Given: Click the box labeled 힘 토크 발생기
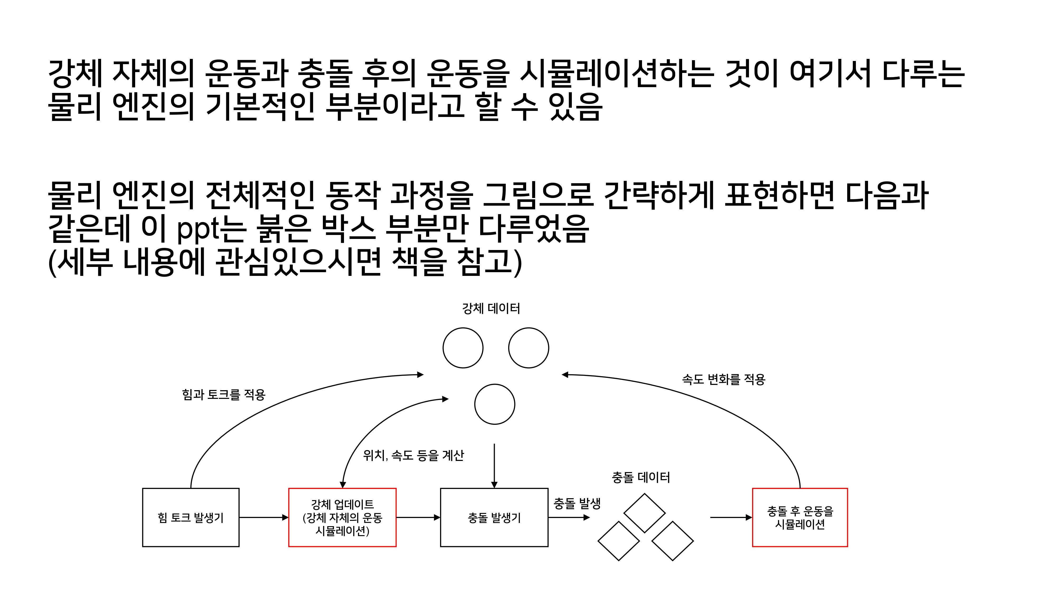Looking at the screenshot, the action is click(x=191, y=517).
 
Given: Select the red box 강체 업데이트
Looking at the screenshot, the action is click(x=342, y=517).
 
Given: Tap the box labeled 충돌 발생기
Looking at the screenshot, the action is click(x=494, y=517).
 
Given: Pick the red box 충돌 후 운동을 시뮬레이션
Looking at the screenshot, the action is click(x=800, y=517).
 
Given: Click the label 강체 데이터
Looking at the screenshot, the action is click(x=491, y=308).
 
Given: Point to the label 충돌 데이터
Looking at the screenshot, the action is click(x=641, y=477).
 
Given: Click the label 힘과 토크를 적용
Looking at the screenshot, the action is click(x=224, y=394).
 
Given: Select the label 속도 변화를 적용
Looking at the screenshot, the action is click(x=724, y=379).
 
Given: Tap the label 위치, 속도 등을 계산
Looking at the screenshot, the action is click(x=413, y=455).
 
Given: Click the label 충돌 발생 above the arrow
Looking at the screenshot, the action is click(x=577, y=503).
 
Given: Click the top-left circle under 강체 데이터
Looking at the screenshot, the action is click(x=463, y=348).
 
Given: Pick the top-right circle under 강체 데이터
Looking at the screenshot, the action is click(x=529, y=348).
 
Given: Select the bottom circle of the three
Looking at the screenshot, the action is click(x=494, y=404).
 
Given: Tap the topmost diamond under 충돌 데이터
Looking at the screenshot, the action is click(x=644, y=513).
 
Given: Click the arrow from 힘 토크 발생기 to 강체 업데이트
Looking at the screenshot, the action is click(x=263, y=517).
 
